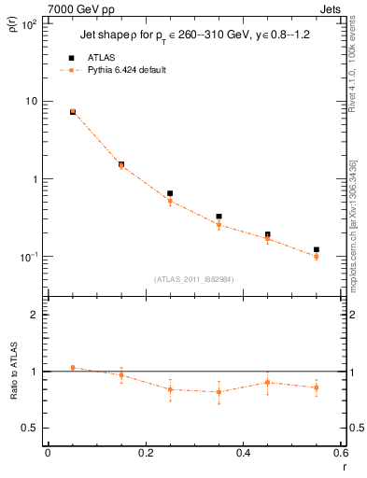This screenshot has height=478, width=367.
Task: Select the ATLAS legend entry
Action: (96, 57)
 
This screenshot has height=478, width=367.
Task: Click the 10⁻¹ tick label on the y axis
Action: (30, 256)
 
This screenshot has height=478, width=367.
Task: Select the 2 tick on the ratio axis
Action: (36, 315)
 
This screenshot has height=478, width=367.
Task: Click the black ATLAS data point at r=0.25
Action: (170, 193)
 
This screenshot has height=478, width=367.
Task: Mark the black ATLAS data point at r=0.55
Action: (317, 250)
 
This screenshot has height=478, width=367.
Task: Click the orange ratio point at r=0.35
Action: (219, 392)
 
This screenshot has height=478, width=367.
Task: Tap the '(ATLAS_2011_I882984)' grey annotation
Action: (193, 278)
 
